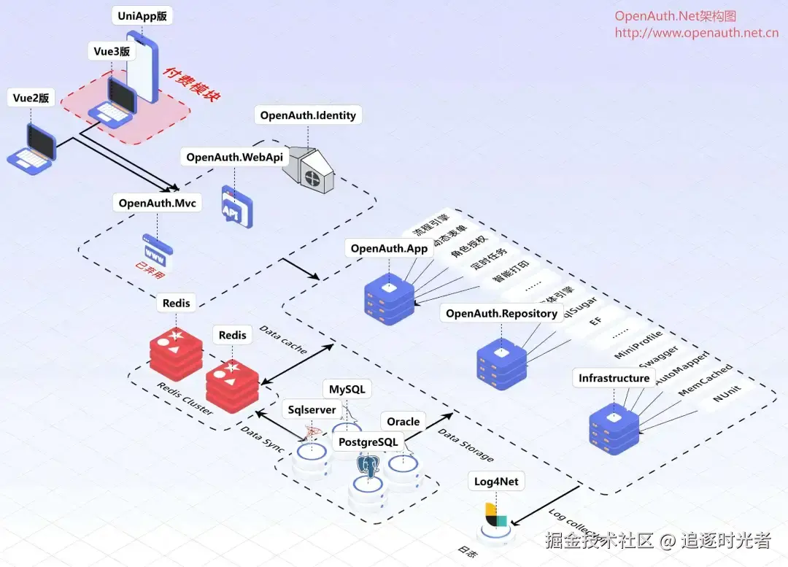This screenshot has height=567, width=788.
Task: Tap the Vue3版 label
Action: tap(112, 51)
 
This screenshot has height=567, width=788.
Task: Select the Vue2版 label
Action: tap(31, 98)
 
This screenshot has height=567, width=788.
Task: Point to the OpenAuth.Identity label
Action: tap(308, 115)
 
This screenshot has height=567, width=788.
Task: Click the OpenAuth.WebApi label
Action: tap(234, 157)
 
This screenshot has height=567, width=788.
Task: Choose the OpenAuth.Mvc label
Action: tap(157, 203)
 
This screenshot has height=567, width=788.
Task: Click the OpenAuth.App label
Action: tap(389, 249)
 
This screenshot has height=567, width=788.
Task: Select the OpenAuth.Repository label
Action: tap(501, 314)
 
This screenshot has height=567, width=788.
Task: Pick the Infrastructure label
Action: tap(614, 378)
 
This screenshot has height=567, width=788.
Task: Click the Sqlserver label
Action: tap(312, 410)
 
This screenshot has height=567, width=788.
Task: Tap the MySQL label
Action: tap(347, 390)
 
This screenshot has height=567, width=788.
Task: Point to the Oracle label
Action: tap(403, 422)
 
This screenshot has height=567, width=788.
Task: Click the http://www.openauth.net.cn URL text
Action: tap(696, 33)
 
